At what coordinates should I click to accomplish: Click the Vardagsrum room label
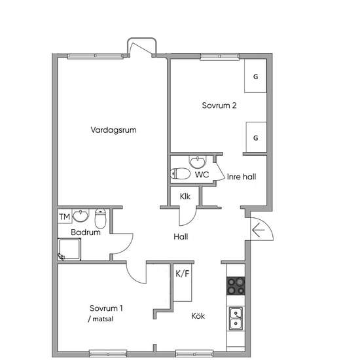point(113,130)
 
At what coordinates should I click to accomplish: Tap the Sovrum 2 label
point(219,105)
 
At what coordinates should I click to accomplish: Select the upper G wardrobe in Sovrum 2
point(255,76)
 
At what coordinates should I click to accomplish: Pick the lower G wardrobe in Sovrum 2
point(256,137)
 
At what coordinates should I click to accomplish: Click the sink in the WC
point(198,162)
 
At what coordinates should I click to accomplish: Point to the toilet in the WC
point(180,173)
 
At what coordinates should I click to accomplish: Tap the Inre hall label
point(242,177)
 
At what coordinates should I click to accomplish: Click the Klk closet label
point(185,196)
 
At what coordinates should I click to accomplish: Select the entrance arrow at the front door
point(259,230)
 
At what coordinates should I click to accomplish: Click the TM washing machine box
point(65,216)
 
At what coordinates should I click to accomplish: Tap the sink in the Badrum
point(81,215)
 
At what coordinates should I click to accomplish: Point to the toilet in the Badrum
point(100,219)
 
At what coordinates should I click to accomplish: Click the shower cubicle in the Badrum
point(69,249)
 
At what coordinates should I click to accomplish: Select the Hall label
point(181,237)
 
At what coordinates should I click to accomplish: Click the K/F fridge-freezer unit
point(183,282)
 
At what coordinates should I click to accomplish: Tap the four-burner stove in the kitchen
point(236,286)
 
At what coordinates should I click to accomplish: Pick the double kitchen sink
point(236,319)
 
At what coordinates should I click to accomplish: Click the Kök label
point(198,316)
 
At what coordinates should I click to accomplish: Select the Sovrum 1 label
point(106,308)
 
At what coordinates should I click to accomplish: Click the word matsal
point(103,319)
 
